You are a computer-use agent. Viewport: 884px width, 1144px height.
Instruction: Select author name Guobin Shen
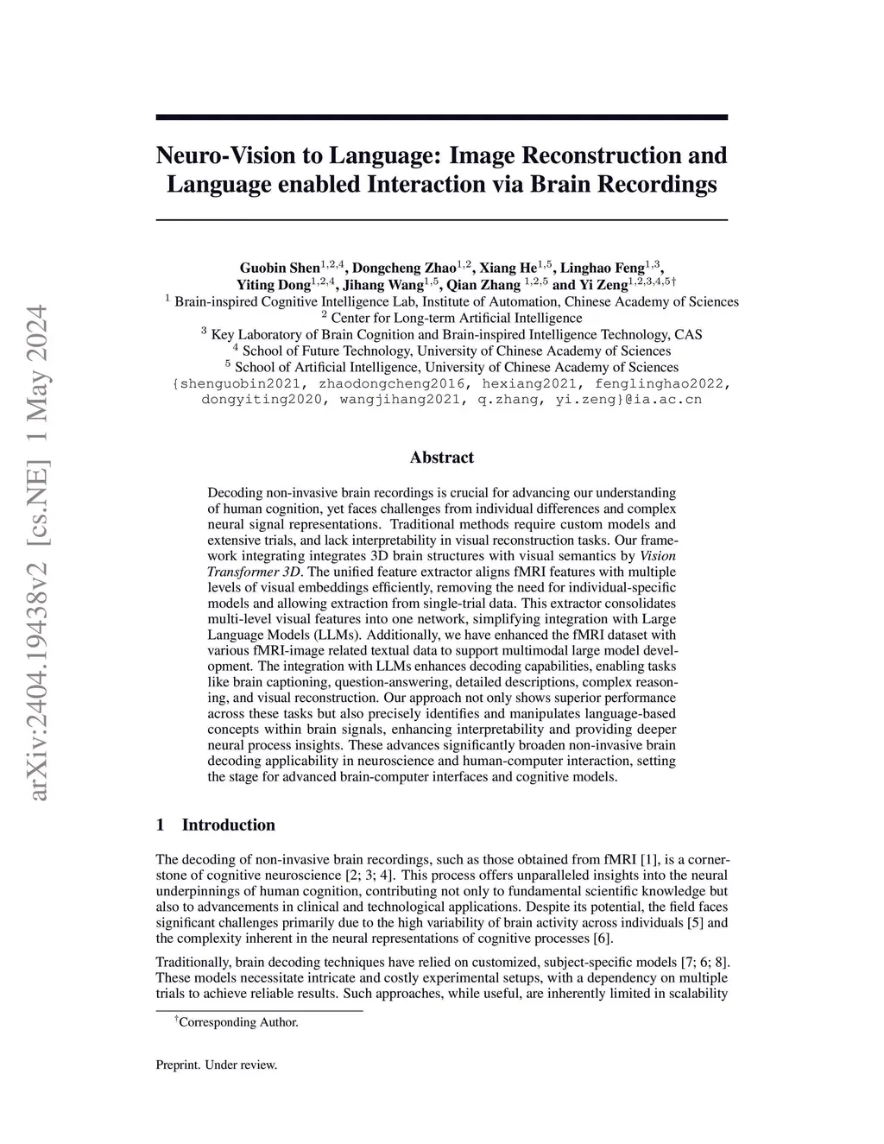[280, 268]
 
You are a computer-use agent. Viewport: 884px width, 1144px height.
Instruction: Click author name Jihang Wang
[384, 285]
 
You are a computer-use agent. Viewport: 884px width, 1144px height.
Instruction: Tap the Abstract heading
[441, 458]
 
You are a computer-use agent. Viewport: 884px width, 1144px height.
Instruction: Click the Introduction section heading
[228, 825]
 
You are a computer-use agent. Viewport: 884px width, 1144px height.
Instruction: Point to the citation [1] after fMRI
[649, 860]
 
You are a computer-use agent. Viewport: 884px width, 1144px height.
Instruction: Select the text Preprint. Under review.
[216, 1065]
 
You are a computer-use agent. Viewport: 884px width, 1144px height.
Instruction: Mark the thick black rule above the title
[441, 117]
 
